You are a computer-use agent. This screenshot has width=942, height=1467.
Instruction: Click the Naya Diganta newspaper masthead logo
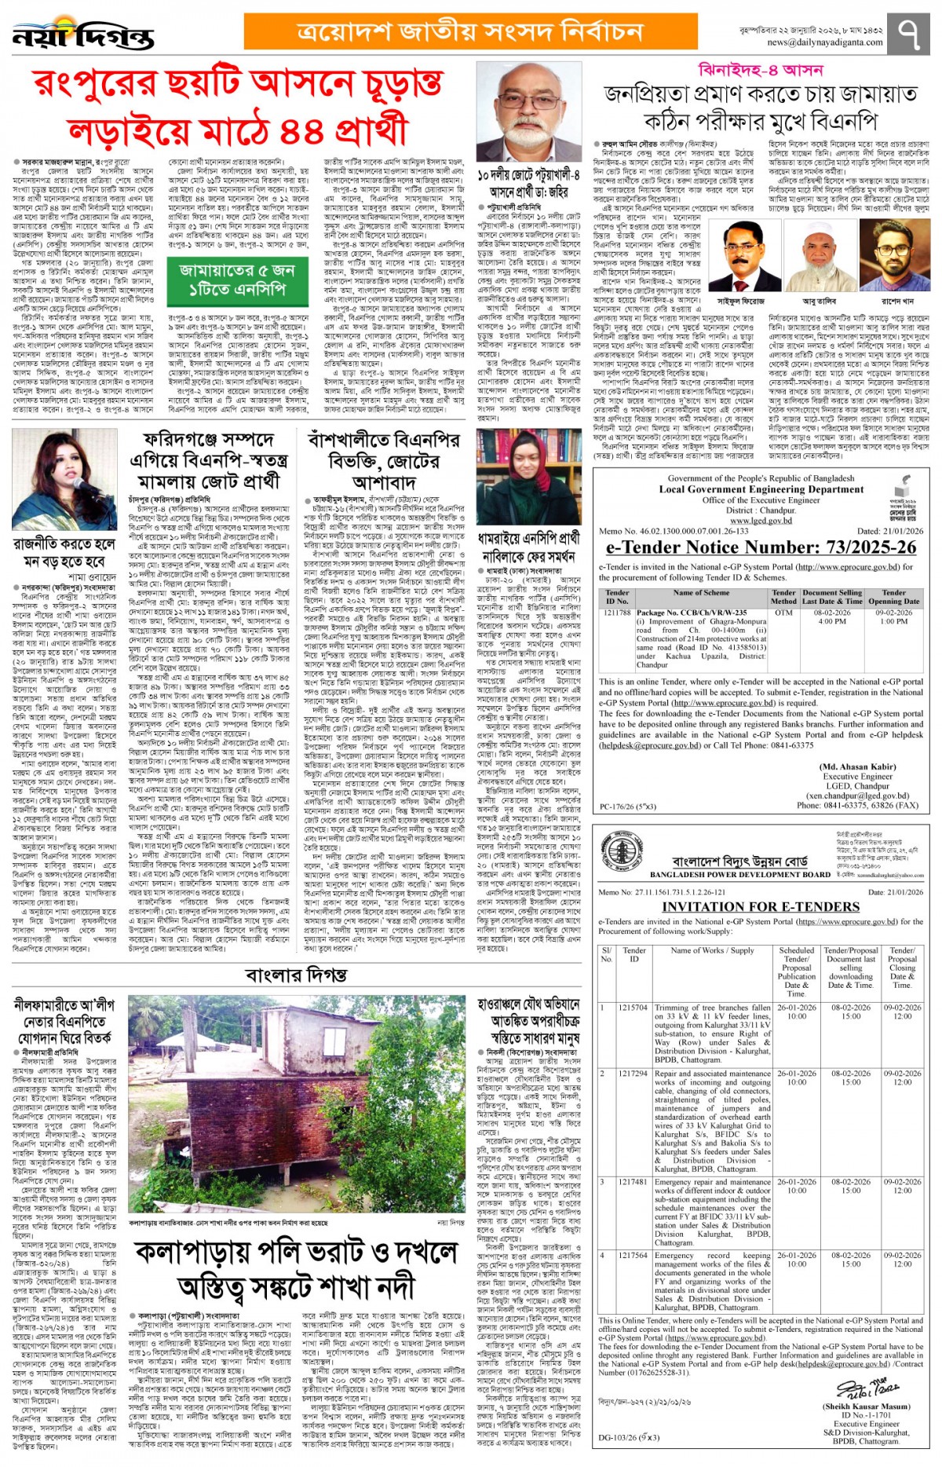[x=83, y=35]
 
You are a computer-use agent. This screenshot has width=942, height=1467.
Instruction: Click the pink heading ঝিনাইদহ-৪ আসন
[x=760, y=71]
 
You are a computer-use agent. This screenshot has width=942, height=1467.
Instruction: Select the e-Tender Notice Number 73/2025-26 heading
[x=761, y=547]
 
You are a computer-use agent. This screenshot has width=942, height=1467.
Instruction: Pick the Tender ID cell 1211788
[x=617, y=613]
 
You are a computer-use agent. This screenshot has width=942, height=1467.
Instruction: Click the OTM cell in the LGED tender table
[x=783, y=613]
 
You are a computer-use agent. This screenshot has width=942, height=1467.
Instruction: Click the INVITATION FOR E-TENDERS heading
[x=761, y=906]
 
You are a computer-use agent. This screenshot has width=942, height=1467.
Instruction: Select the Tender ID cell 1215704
[x=633, y=1007]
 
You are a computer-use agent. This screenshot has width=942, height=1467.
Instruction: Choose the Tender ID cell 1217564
[x=633, y=1255]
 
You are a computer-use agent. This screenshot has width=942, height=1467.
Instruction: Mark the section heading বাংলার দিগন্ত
[x=296, y=975]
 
